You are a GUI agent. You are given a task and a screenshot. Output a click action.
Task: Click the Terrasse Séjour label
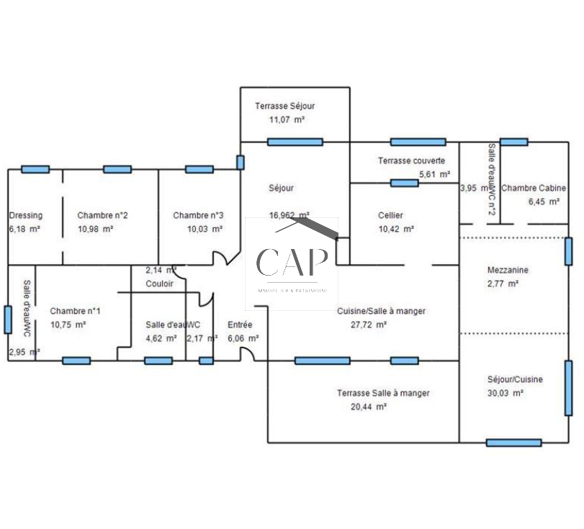coord(284,106)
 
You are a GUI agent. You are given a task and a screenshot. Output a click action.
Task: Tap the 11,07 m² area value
coord(287,119)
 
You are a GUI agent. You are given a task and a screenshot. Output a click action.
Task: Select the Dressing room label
coord(25,215)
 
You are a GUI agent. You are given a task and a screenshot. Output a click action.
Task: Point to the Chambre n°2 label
coord(103,215)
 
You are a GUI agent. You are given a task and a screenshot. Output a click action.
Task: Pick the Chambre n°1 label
coord(75,311)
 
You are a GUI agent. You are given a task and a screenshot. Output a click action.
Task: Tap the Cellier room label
coord(390,215)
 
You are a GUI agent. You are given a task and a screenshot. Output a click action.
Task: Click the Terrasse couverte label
coord(411,160)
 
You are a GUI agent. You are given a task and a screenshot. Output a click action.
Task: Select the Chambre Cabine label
coord(534,188)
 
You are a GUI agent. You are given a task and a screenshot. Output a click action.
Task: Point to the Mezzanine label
coord(508,270)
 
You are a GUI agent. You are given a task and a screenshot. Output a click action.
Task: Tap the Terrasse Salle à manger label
coord(383,393)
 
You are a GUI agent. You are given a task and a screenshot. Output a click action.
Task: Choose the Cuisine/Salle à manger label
coord(381,311)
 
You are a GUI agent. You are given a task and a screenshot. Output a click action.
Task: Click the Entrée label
coord(240,325)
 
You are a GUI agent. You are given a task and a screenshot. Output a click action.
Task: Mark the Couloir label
coord(159,284)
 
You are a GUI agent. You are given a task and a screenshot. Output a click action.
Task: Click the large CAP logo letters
coord(292,263)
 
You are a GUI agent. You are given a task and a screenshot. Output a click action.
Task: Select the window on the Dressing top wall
coord(35,169)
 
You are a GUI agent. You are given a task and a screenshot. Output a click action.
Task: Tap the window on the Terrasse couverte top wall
coord(418,142)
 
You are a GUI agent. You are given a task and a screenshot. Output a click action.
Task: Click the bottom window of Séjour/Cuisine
coord(513,443)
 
